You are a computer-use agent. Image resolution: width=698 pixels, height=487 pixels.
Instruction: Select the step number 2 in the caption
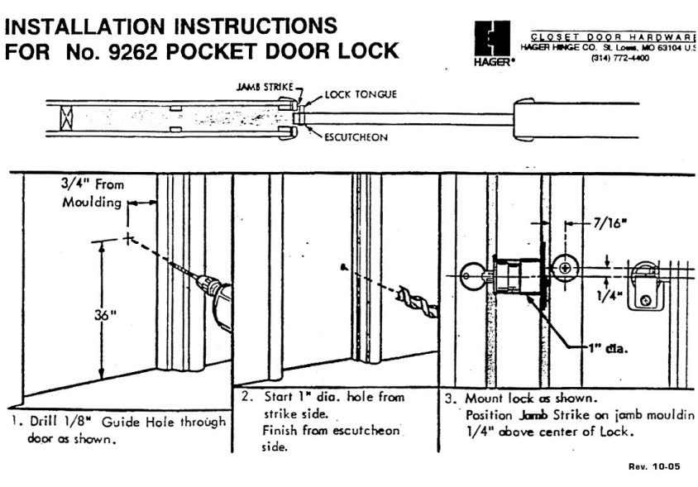point(247,397)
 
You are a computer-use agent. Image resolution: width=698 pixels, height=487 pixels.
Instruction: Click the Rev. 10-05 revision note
point(654,466)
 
